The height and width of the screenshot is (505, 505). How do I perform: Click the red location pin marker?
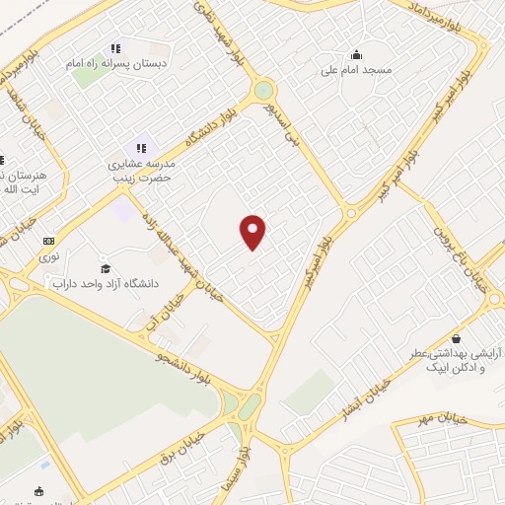pos(253,231)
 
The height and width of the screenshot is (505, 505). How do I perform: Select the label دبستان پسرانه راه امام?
pos(116,63)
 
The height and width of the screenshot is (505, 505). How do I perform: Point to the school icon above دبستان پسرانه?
pos(115,47)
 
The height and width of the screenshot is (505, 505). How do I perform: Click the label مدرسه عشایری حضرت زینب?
pos(140,172)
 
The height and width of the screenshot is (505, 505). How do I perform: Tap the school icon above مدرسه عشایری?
pos(140,147)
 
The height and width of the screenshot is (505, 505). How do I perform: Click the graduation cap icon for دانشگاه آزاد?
pos(106,268)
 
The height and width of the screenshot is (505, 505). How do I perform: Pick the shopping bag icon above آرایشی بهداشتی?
pos(455,336)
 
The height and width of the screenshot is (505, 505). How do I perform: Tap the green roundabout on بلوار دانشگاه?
pos(263,91)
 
